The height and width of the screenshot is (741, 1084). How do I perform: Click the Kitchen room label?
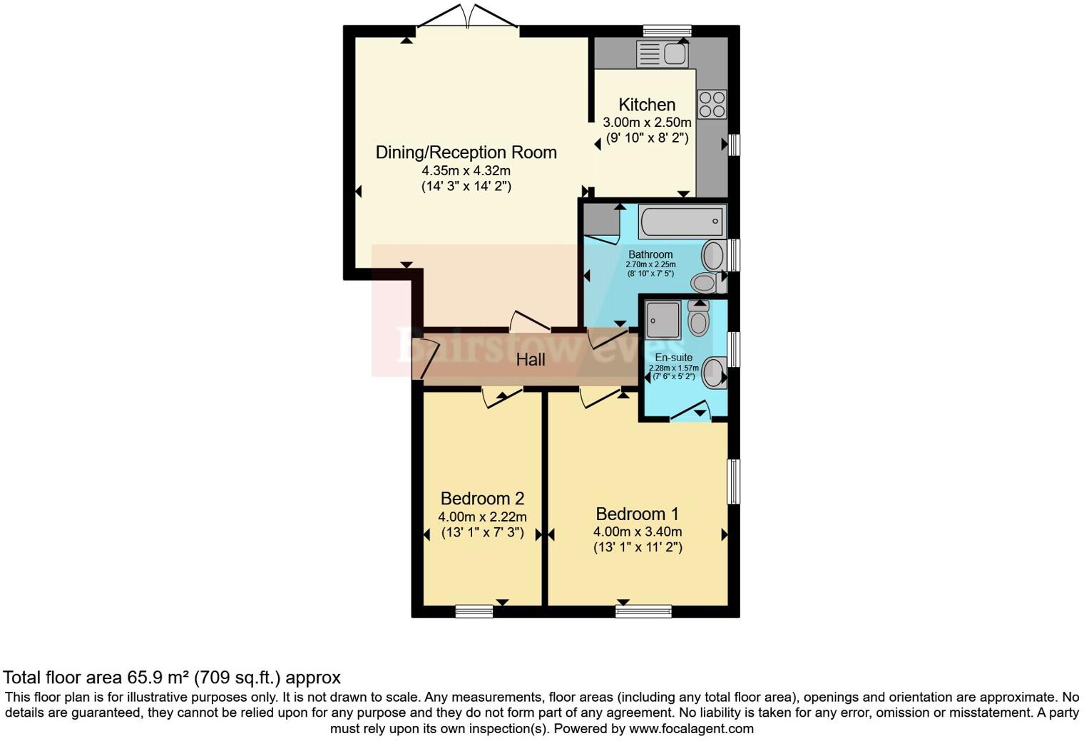point(646,105)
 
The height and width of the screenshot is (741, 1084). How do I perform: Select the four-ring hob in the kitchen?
point(712,104)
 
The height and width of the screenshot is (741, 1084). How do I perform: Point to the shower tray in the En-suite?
point(663,319)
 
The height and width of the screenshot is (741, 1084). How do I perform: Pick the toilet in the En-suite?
point(698,319)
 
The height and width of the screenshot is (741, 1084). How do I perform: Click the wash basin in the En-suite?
point(713,372)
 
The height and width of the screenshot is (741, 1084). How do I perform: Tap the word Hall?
point(531,360)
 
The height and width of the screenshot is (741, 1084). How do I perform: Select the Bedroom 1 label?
point(637,514)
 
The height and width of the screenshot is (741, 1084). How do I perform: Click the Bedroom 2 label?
point(482,498)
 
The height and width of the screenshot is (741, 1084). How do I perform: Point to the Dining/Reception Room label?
point(466,152)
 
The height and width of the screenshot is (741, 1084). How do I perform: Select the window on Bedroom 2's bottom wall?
point(474,611)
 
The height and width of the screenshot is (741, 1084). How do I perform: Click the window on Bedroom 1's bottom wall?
point(643,611)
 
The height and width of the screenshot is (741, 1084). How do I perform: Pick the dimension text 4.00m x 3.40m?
point(637,532)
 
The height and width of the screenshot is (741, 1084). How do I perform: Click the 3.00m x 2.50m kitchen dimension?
point(646,123)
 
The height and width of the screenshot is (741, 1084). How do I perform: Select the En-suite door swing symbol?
point(690,412)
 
